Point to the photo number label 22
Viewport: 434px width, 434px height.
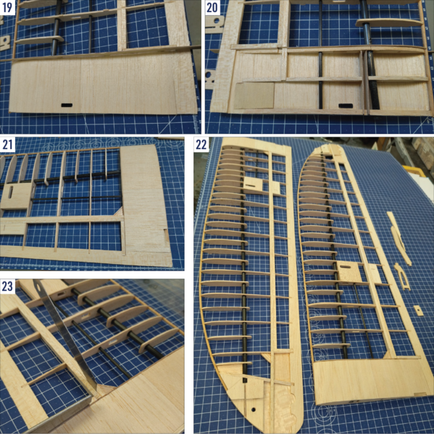pos(201,144)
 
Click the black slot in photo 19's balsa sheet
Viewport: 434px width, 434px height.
pos(67,106)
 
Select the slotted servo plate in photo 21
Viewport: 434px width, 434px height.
pos(17,195)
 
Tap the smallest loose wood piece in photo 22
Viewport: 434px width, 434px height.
pos(418,309)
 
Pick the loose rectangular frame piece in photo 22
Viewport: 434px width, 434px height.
pos(401,276)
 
